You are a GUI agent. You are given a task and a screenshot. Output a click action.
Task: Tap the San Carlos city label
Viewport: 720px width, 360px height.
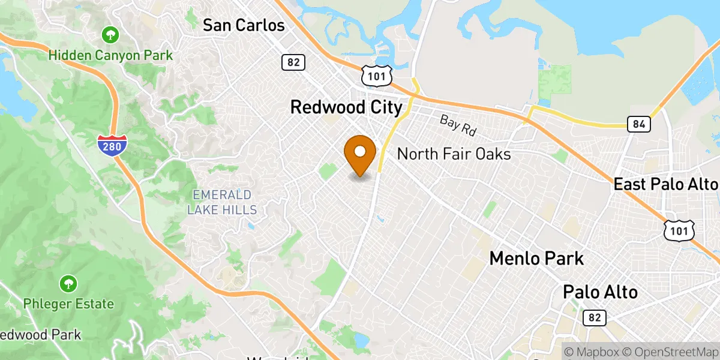tap(243, 25)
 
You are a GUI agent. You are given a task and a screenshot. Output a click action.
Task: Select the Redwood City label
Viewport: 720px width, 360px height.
tap(346, 107)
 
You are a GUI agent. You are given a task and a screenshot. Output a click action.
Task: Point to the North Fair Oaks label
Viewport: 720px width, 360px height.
tap(454, 154)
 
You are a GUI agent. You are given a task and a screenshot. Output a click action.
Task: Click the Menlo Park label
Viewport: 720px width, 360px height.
tap(536, 259)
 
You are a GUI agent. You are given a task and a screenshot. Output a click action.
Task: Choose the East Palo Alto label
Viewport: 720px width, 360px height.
tap(665, 184)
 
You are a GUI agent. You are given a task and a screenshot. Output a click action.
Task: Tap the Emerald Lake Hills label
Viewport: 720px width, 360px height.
tap(222, 202)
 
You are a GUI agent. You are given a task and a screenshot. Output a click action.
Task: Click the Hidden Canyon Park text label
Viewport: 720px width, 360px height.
tap(110, 55)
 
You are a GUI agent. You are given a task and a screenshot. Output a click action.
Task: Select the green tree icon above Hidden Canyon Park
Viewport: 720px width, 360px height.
tap(110, 34)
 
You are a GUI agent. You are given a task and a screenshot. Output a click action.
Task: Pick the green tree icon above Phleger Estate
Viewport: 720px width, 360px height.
tap(68, 283)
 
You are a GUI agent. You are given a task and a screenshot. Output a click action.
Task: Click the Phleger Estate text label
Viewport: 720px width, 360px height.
tap(68, 304)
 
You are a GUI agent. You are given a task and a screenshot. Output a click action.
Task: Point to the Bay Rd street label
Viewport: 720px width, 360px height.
tap(457, 124)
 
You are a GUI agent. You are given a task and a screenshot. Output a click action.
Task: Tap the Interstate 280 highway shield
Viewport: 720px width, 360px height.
tap(112, 145)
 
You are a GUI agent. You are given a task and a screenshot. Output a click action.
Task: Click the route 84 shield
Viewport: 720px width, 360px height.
tap(638, 125)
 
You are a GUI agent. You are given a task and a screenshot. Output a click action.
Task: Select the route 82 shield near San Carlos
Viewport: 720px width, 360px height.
tap(293, 62)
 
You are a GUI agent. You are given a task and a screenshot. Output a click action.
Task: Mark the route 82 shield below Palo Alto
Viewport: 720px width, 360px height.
tap(594, 317)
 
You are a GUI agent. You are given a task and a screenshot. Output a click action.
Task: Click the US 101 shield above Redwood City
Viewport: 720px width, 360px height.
tap(377, 75)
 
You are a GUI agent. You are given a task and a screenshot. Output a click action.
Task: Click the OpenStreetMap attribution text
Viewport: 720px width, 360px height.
tap(668, 352)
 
